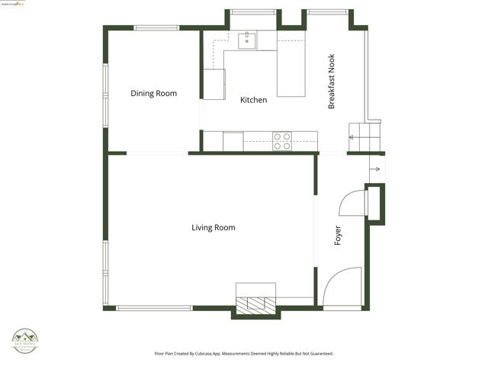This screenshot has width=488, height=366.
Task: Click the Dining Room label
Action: pyautogui.click(x=153, y=94)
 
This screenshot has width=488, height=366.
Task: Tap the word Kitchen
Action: pyautogui.click(x=253, y=100)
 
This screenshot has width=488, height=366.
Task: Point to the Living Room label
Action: pyautogui.click(x=213, y=227)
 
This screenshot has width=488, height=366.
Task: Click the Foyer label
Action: pyautogui.click(x=338, y=235)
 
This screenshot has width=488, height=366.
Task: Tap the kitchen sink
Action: pyautogui.click(x=246, y=40)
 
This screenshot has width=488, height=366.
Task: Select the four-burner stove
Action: pyautogui.click(x=282, y=141)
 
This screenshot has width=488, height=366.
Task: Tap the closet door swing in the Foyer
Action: pyautogui.click(x=353, y=204)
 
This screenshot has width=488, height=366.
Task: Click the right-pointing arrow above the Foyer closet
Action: pyautogui.click(x=374, y=169)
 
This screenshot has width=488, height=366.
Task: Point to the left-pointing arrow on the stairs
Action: pyautogui.click(x=352, y=138)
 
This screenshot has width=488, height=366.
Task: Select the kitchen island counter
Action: pyautogui.click(x=291, y=69)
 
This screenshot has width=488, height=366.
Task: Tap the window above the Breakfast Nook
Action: pyautogui.click(x=327, y=11)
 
